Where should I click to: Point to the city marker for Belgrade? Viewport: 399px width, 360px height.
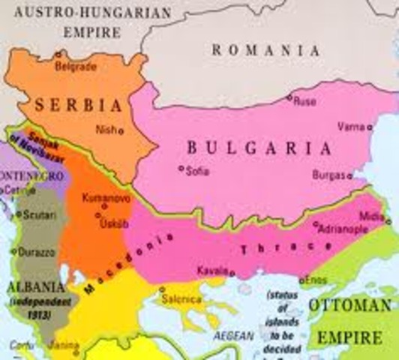58,54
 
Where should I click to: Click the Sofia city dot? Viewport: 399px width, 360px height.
181,168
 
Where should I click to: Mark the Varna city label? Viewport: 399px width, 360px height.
350,125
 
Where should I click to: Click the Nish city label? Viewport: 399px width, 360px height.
104,129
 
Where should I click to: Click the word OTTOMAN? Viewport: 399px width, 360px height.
349,305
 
